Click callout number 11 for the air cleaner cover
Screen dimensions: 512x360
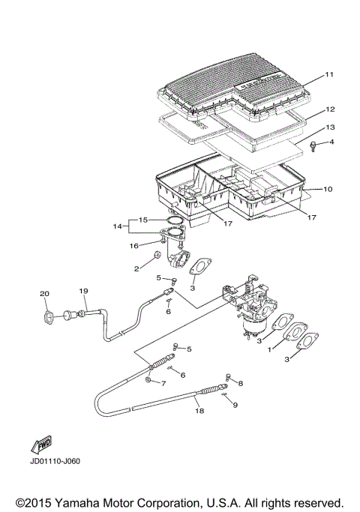tap(328, 76)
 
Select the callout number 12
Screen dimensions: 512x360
tap(328, 109)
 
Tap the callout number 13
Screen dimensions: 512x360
tap(328, 127)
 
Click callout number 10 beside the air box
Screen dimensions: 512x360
tap(328, 189)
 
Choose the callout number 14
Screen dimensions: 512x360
tap(116, 226)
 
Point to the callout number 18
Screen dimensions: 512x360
tap(199, 411)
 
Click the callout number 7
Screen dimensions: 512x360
tap(163, 382)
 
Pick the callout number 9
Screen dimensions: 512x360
tap(235, 405)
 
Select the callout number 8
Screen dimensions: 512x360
tap(240, 383)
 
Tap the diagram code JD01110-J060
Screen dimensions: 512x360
tap(55, 461)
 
